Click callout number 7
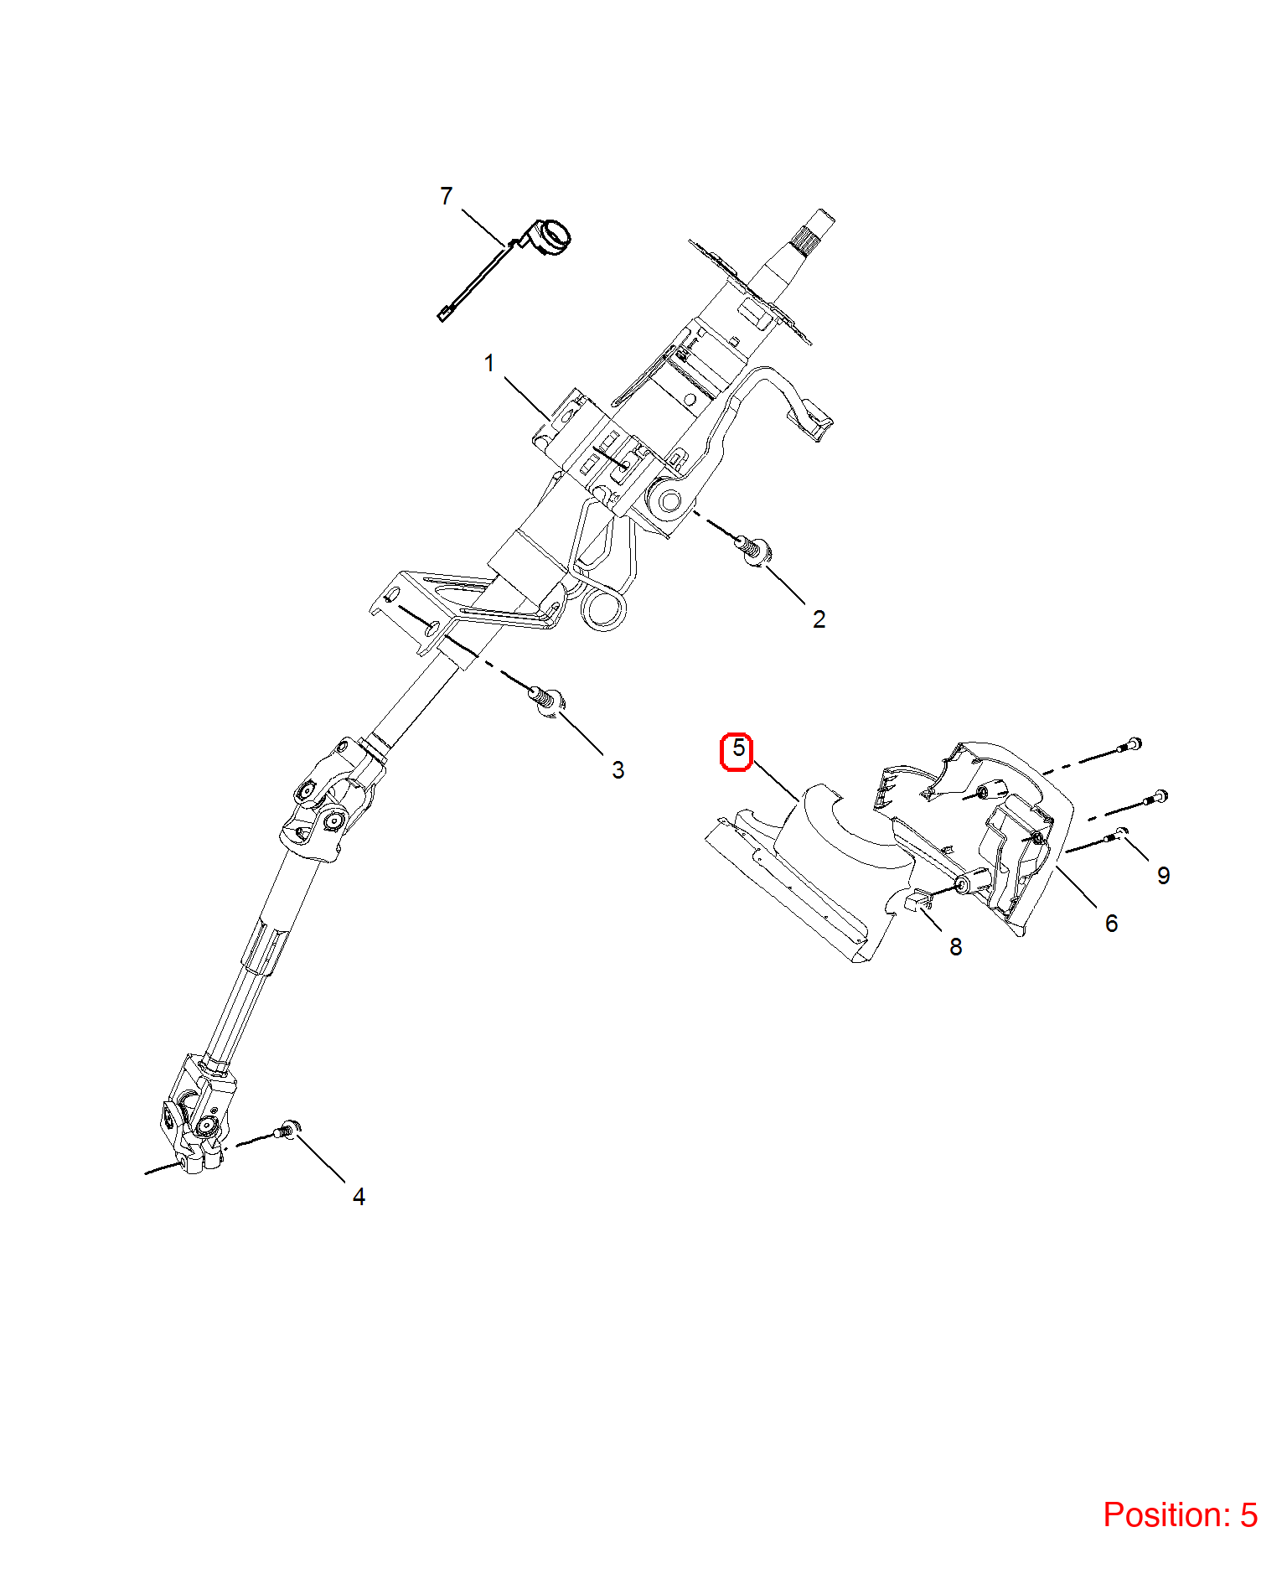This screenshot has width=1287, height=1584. coord(446,196)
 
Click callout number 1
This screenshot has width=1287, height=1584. coord(489,364)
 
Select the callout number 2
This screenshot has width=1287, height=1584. coord(819,619)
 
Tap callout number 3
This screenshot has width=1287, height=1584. coord(618,770)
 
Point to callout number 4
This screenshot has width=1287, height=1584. coord(359,1197)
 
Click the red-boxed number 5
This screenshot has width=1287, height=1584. coord(737,748)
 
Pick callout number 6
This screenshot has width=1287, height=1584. coord(1111,924)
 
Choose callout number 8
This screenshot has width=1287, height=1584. coord(955,947)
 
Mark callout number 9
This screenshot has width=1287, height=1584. coord(1163,876)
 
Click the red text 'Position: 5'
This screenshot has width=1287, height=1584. coord(1180,1515)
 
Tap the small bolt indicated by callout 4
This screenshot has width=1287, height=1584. coord(287,1131)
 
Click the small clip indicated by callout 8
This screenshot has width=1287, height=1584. coord(918,900)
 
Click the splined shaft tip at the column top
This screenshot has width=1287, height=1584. coord(812,231)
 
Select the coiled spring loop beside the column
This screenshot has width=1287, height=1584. coord(603,607)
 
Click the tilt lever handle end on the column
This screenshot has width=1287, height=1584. coord(813,422)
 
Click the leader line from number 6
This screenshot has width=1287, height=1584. coord(1076,887)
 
